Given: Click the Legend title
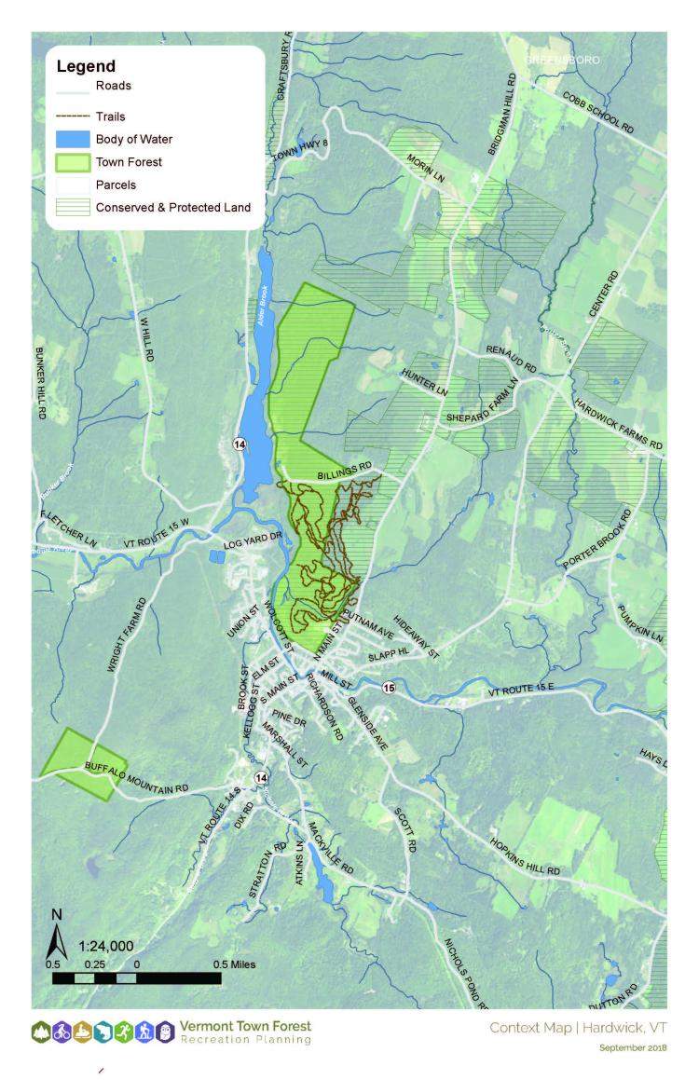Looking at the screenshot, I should pos(86,66).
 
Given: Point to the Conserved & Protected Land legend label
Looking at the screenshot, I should pos(172,207).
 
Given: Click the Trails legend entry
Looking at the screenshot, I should pos(110,117).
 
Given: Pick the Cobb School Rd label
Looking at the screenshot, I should pos(596,112).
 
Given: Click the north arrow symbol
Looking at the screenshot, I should pos(57,930).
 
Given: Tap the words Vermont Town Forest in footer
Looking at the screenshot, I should pos(245,1026).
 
